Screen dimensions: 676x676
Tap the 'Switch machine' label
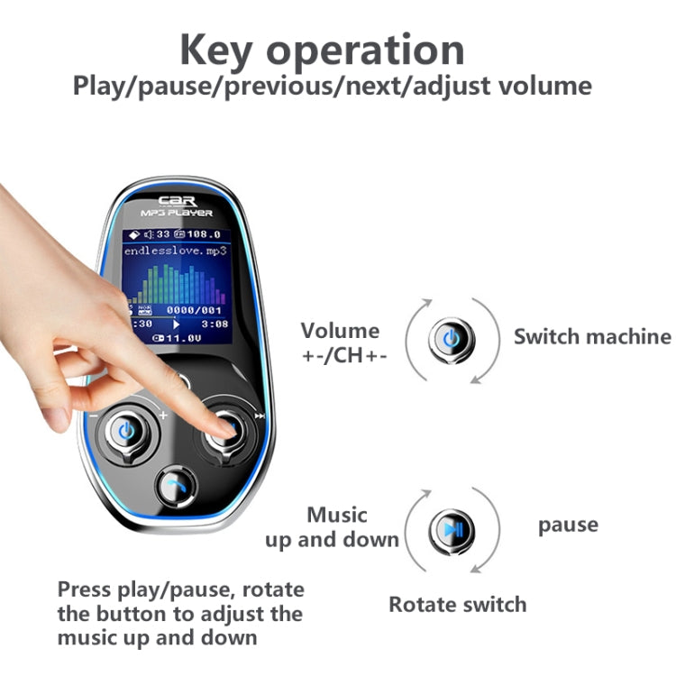pos(592,337)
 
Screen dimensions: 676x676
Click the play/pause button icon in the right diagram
pos(451,526)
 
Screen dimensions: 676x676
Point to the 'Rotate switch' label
pos(457,605)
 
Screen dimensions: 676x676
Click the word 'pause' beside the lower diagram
pos(568,525)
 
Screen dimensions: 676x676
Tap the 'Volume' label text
pos(341,331)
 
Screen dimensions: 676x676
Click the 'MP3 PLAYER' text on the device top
pos(177,213)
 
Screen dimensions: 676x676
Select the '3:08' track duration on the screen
pos(215,323)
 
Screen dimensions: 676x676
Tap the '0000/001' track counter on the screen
pos(197,309)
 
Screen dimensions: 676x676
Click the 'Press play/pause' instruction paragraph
pos(180,614)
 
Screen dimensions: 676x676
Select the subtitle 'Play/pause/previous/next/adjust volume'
pos(333,87)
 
